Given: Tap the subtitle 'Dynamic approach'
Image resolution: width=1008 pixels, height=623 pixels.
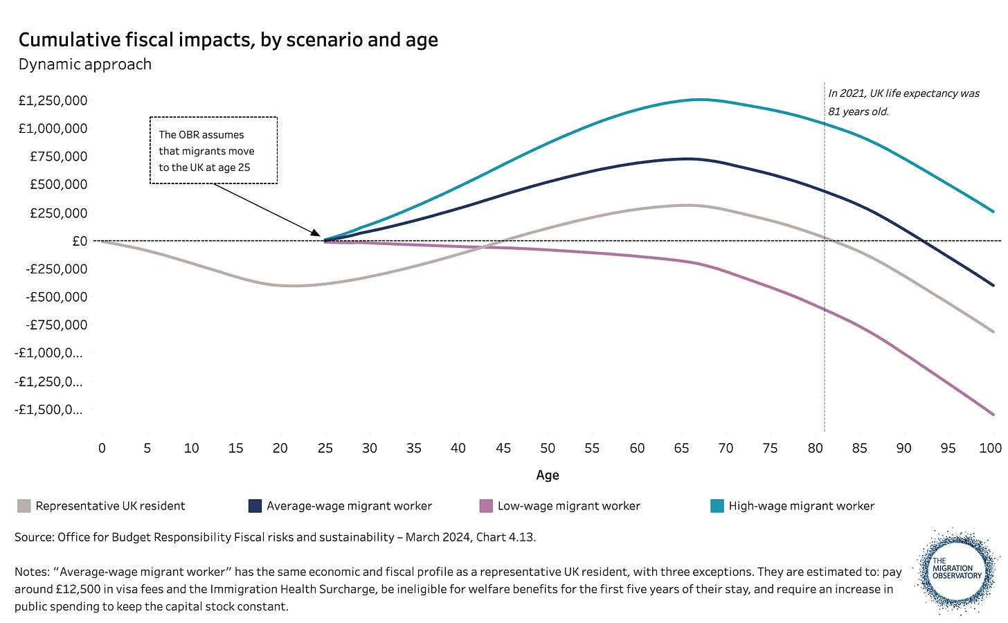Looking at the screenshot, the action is [85, 65].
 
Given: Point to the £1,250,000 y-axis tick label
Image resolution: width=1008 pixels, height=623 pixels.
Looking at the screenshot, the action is [53, 100].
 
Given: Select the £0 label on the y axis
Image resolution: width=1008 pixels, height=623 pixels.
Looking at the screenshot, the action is [80, 241].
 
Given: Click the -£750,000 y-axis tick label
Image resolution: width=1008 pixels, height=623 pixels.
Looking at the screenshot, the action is [56, 325].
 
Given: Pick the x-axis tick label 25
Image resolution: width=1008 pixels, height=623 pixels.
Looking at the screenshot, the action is [325, 448].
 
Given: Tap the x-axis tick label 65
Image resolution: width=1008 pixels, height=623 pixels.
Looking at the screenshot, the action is [681, 448].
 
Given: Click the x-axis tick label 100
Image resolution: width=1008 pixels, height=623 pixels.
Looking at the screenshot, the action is [991, 448].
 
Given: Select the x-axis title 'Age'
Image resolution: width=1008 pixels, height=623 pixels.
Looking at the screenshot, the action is [547, 475].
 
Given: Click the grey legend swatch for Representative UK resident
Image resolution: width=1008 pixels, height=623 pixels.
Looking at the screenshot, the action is [24, 505].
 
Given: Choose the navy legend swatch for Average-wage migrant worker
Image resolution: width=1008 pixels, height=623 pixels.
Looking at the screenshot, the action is [255, 505].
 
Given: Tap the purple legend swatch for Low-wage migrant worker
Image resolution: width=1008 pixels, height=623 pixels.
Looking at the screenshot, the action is [486, 505].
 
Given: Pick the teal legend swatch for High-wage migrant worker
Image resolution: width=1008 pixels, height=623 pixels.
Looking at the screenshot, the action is [717, 505].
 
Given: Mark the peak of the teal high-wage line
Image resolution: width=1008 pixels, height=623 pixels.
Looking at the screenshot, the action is [700, 100].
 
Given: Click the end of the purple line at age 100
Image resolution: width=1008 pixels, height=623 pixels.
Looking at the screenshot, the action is [993, 414].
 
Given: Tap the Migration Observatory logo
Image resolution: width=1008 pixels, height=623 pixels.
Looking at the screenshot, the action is [956, 572].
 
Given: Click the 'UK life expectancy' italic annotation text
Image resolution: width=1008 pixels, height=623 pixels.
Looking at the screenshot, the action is [903, 102].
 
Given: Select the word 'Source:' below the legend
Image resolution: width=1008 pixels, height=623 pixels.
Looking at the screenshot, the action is [34, 537].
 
